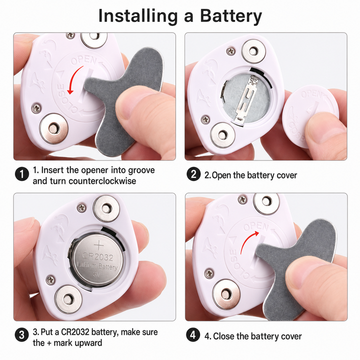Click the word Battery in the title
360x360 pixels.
[x=231, y=16]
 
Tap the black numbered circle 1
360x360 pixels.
[x=22, y=174]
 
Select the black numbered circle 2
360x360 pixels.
[x=193, y=174]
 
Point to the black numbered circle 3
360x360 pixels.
[x=22, y=335]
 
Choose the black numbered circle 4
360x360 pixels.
[x=193, y=335]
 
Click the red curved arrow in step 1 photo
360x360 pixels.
[x=73, y=77]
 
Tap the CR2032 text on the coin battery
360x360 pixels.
[x=97, y=256]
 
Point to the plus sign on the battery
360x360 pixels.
[x=99, y=245]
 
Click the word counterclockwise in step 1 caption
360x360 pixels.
[x=102, y=181]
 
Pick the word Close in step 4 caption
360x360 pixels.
[x=224, y=336]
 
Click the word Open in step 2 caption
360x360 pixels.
[x=221, y=175]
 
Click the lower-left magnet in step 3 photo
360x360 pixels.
[x=68, y=299]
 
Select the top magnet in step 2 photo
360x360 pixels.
[x=253, y=51]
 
